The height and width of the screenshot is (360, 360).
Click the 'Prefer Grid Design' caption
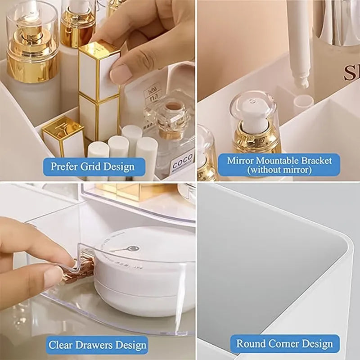(92, 166)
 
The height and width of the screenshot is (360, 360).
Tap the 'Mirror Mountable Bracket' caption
(279, 165)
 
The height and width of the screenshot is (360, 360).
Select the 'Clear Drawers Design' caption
(98, 345)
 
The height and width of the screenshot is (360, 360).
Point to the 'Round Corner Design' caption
(285, 344)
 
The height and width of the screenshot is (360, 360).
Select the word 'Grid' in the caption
(91, 166)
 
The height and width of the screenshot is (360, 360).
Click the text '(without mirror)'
(279, 170)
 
